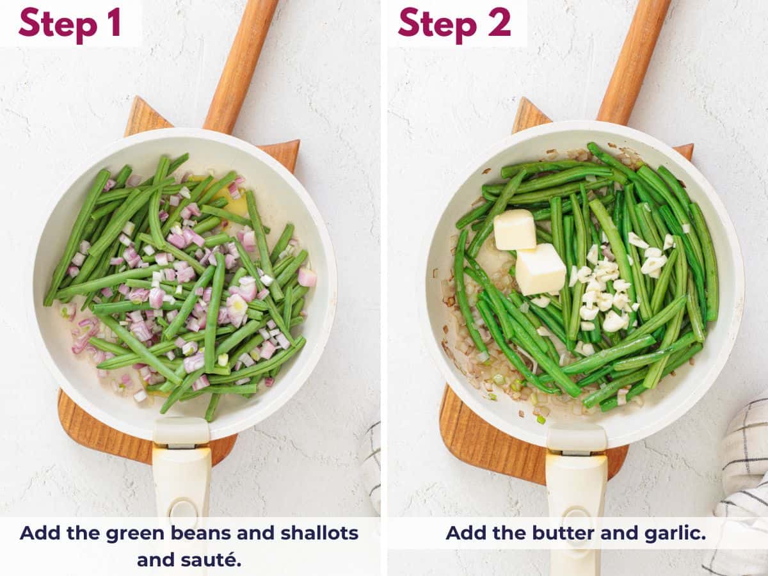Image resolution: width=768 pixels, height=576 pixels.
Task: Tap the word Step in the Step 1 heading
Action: pos(54,24)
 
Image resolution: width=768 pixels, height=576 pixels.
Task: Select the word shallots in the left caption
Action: pos(319,532)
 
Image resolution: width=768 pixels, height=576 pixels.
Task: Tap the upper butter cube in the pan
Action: pos(515,229)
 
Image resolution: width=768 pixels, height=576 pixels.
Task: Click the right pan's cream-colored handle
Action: pos(576,486)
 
